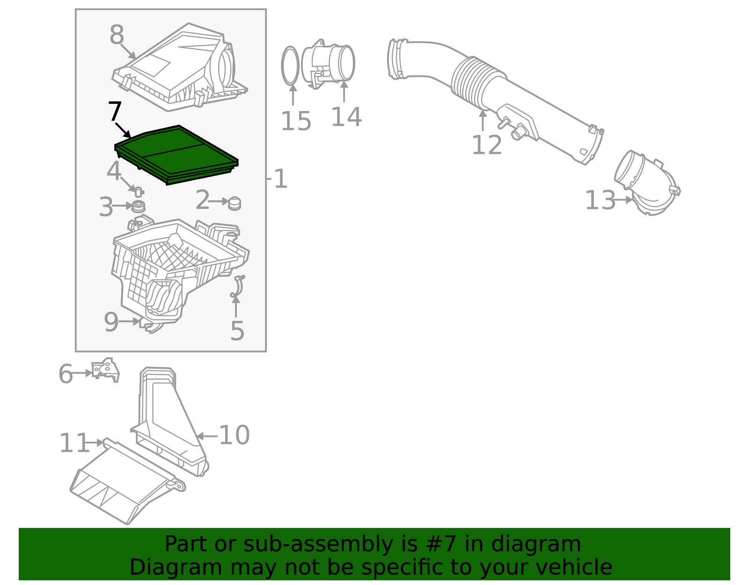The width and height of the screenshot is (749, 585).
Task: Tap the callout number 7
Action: pos(115,112)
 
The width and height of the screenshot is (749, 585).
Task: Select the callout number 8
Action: pos(117,35)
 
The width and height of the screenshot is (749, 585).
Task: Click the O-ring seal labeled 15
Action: pos(290,66)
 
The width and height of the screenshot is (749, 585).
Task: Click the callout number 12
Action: pos(486,145)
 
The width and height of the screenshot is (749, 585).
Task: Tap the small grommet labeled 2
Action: pos(235,203)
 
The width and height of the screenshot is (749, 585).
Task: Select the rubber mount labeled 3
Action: pos(138,206)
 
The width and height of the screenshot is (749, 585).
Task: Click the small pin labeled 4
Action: pos(139,191)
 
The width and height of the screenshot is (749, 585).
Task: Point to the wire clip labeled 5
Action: pos(237,287)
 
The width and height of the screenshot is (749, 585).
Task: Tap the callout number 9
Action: pos(111,322)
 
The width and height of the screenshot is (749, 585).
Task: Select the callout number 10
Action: pos(234,435)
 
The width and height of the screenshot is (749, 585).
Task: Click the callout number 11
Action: pos(73,443)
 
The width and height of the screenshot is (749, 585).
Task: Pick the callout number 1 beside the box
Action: pos(280,179)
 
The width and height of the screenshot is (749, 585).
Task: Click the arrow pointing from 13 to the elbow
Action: pos(624,200)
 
